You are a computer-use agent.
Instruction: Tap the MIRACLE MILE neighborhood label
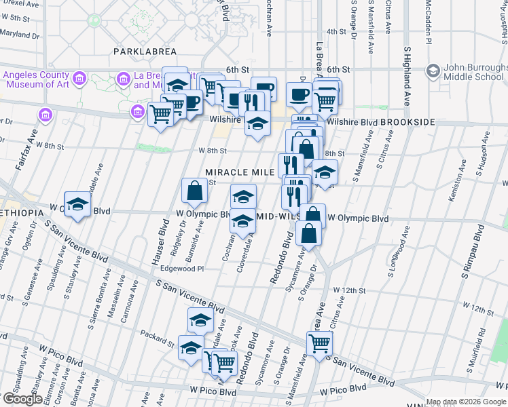(240, 172)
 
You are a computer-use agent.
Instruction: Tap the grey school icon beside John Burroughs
(433, 70)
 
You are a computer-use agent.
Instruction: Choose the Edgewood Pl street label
(181, 269)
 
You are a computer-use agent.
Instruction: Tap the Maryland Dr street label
(19, 33)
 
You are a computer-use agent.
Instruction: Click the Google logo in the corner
(22, 399)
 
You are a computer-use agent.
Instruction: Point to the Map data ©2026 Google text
(466, 402)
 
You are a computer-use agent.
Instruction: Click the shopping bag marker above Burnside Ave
(195, 192)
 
